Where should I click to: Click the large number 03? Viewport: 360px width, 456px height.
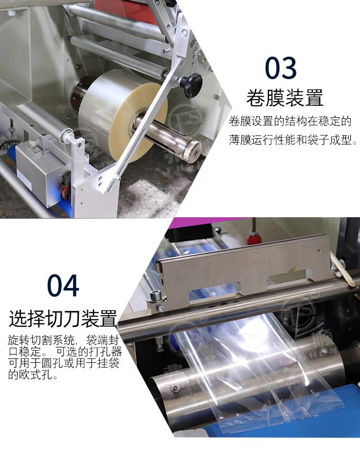coord(281,68)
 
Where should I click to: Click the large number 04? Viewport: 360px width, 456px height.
coord(63,285)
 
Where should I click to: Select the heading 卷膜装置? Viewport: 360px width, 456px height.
coord(285,98)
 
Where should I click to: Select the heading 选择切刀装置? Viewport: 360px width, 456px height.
coord(63,318)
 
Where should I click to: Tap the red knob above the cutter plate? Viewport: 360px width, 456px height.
coord(254,238)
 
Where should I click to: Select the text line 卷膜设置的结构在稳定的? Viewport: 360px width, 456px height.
coord(290,121)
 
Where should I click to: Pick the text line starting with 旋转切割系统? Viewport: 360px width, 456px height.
coord(64,340)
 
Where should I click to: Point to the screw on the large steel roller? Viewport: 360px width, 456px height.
coord(175,388)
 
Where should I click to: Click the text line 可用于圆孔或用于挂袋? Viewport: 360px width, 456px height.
coord(64,363)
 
